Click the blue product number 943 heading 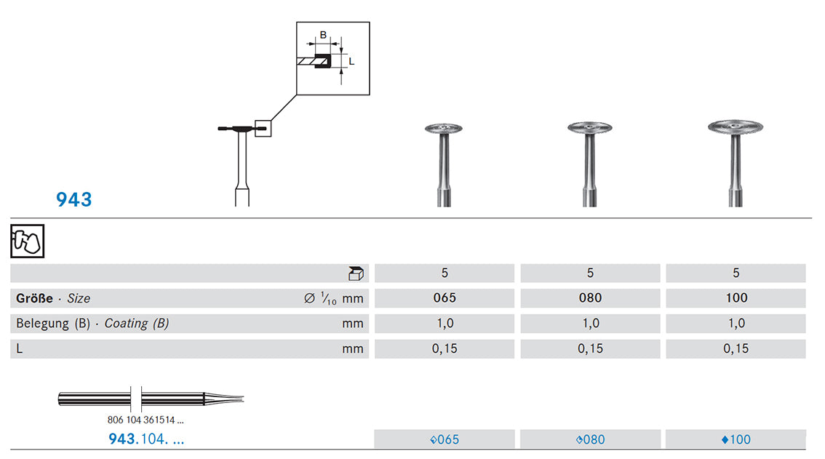[73, 199]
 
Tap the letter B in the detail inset [323, 35]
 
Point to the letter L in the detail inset [351, 62]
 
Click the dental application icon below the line [28, 241]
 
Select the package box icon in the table [356, 274]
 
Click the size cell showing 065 [445, 298]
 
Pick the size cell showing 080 [590, 298]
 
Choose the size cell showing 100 [736, 298]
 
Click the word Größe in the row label [34, 298]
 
